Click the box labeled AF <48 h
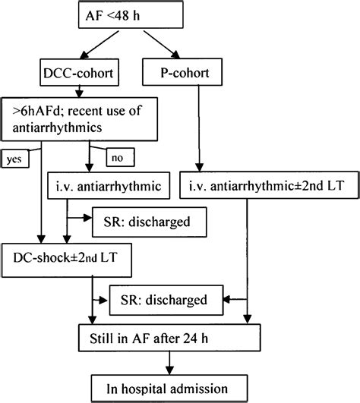click(143, 16)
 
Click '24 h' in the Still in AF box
click(240, 335)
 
